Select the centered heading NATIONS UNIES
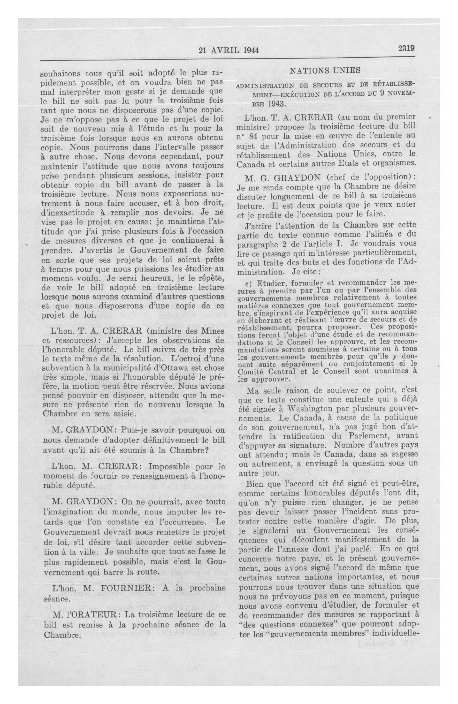[x=325, y=71]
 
